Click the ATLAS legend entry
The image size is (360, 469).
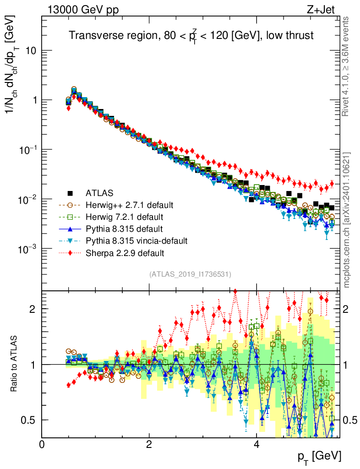(101, 192)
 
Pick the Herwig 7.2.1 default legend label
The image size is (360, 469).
(124, 216)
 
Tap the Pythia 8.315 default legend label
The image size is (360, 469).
(124, 229)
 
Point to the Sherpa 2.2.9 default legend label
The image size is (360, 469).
(124, 252)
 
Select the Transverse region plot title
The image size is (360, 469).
(191, 36)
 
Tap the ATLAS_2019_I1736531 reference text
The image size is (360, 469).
(190, 274)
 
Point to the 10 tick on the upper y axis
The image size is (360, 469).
(31, 51)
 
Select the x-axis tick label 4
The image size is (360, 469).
(256, 445)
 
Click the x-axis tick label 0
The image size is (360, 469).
(42, 445)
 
